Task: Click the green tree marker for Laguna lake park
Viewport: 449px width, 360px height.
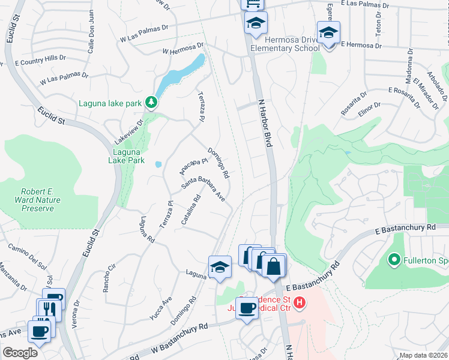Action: click(x=152, y=103)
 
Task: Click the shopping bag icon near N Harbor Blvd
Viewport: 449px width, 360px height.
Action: click(x=273, y=266)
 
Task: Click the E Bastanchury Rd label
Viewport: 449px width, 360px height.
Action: click(x=405, y=229)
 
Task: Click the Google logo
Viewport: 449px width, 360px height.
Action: click(x=20, y=353)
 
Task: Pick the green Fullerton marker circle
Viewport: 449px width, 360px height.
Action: click(x=394, y=260)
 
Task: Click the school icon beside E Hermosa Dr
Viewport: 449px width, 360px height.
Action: click(x=328, y=34)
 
